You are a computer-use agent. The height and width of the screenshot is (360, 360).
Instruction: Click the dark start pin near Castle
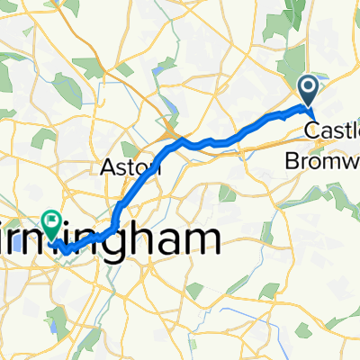click(x=307, y=89)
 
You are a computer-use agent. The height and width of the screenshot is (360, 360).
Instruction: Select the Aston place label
click(x=129, y=166)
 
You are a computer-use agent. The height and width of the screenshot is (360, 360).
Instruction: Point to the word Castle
click(x=332, y=131)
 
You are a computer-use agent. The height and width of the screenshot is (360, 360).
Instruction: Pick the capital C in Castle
click(x=310, y=131)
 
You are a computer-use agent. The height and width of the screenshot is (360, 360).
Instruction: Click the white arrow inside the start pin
click(x=307, y=87)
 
